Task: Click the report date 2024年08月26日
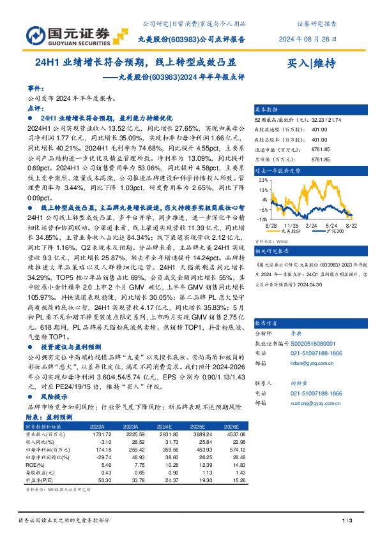[x=308, y=38]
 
